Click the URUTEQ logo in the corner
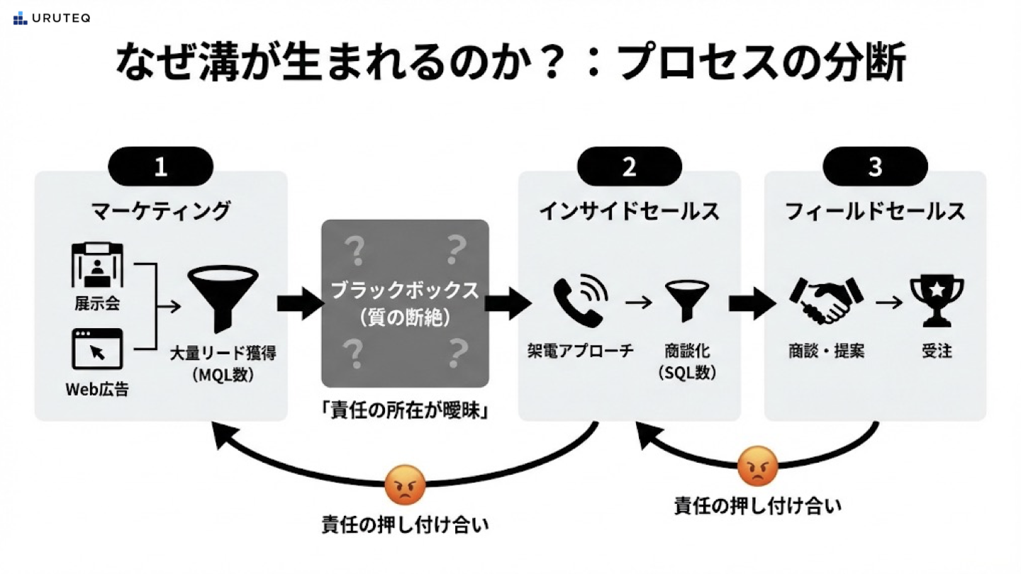51,18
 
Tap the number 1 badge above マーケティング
161,167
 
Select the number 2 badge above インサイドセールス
629,167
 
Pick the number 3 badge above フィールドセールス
875,167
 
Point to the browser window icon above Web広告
97,349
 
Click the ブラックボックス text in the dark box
405,291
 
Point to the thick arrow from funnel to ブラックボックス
301,303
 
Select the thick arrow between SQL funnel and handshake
752,303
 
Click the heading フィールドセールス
875,210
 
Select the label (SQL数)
686,373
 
